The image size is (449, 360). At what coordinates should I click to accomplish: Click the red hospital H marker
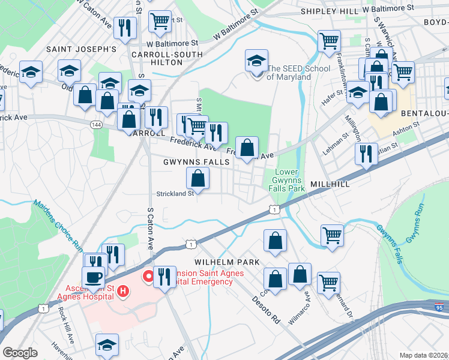[x=123, y=292]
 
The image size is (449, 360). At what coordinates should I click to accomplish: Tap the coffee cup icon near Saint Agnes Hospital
[x=93, y=278]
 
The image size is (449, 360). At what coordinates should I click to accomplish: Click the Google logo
[x=20, y=353]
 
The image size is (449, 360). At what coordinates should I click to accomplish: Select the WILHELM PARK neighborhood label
[x=226, y=262]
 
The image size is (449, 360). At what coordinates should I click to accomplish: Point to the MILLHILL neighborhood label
[x=330, y=184]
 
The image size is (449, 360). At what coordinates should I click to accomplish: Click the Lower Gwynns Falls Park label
[x=286, y=181]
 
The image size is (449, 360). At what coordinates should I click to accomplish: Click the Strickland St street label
[x=175, y=193]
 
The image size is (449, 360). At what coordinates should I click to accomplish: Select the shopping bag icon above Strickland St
[x=198, y=178]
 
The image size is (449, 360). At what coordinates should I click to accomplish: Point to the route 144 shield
[x=95, y=124]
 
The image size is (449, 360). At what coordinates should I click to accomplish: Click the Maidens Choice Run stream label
[x=58, y=224]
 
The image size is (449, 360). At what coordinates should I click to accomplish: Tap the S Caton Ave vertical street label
[x=150, y=229]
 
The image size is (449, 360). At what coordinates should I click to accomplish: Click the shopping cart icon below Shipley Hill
[x=330, y=41]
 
